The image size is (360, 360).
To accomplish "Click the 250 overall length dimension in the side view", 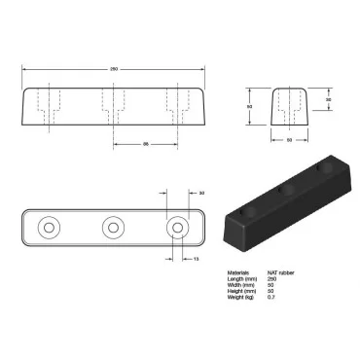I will (x=113, y=69).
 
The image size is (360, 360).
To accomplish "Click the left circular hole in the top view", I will (x=49, y=229).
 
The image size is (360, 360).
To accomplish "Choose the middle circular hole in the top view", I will (x=113, y=229).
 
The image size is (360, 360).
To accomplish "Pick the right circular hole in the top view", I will (x=176, y=229).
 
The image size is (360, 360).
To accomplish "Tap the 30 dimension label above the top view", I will (x=200, y=193).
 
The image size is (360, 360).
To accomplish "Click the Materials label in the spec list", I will (x=238, y=272).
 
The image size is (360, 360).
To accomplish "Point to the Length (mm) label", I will (x=241, y=279).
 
